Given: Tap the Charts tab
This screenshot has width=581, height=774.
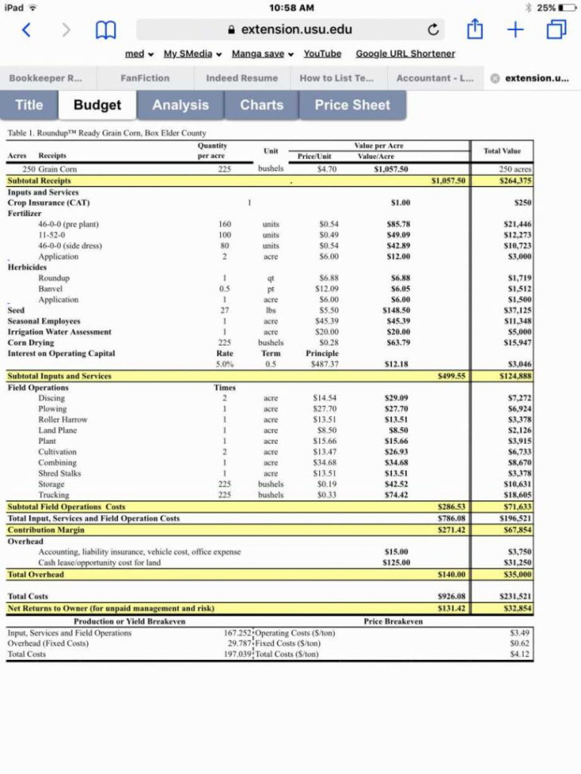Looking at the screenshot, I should [x=261, y=105].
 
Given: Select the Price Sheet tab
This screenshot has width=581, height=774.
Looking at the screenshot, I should [x=352, y=105].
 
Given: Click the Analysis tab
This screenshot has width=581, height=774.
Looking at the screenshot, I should [x=180, y=105].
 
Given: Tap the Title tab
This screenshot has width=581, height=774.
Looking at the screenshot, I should [x=29, y=105].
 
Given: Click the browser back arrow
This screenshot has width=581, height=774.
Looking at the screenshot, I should [x=26, y=30].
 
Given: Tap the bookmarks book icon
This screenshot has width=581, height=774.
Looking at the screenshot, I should [x=105, y=30].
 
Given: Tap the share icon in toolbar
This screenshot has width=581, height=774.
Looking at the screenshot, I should [x=476, y=30].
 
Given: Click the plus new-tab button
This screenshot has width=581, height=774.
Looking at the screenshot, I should [x=516, y=30].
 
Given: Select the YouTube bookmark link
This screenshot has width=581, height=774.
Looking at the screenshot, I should [x=322, y=53].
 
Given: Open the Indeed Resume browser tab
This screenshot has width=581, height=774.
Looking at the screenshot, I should [x=242, y=78].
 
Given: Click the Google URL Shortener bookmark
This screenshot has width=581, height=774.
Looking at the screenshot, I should [x=405, y=53].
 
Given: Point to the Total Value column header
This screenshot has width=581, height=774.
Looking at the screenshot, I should [x=501, y=151].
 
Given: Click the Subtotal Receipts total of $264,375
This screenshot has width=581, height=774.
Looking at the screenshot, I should [x=515, y=181].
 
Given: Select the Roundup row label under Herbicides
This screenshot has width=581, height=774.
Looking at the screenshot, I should [x=53, y=278].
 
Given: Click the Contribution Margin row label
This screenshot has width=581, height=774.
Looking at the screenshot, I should [x=45, y=530].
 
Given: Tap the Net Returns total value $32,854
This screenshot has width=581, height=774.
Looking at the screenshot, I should [x=515, y=608].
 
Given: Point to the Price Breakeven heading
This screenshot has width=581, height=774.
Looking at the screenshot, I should [x=393, y=621].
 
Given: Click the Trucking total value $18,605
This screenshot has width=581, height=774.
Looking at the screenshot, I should [x=517, y=496].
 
